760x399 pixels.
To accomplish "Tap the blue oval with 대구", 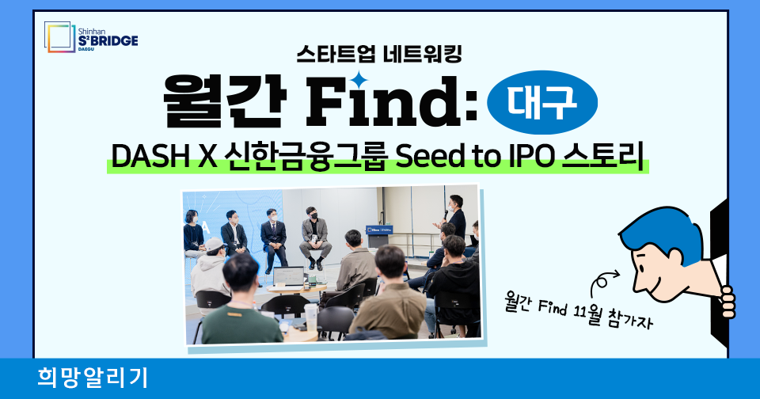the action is tap(541, 102).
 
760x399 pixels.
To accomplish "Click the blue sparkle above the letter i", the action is tap(359, 80).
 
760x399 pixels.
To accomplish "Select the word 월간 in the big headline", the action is tap(224, 102).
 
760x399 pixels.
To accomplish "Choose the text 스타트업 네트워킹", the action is tap(379, 54).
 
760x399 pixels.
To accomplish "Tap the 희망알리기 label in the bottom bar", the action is tap(93, 378).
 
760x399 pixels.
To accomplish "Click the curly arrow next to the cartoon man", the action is tap(602, 282).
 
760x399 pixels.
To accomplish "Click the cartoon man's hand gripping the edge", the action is tap(727, 302).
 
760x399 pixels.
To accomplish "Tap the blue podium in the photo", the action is tap(379, 236).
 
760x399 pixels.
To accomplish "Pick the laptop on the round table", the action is tap(288, 276).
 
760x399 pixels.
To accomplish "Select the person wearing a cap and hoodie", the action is tap(211, 269).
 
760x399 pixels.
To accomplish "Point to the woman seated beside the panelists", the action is tap(193, 234).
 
